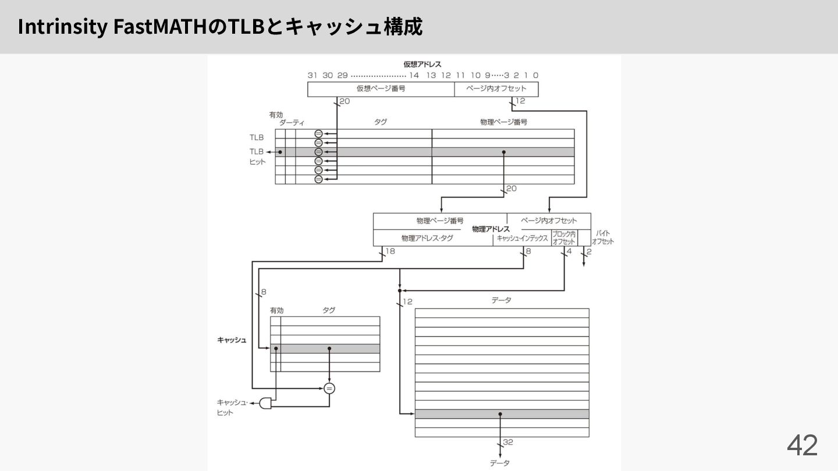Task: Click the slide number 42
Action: [x=802, y=445]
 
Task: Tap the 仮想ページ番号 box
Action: [x=381, y=89]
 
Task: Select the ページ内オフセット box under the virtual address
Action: [x=496, y=89]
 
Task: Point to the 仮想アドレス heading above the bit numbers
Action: [x=422, y=64]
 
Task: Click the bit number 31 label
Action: [x=313, y=75]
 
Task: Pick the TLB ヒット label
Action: [x=257, y=156]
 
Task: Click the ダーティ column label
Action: [x=292, y=123]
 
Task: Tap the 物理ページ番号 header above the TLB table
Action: [x=503, y=122]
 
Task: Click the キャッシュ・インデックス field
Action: [x=522, y=238]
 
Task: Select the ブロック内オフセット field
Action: [x=563, y=238]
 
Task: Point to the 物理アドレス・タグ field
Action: [x=427, y=238]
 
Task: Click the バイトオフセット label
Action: [x=603, y=237]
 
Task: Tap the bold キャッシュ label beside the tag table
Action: [x=232, y=340]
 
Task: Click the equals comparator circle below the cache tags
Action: [x=329, y=388]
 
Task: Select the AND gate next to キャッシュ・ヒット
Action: [x=265, y=403]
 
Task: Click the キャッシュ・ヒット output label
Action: [x=232, y=407]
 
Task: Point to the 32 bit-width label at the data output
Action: [x=507, y=443]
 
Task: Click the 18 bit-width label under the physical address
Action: [x=390, y=251]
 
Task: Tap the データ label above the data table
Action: [x=501, y=300]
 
